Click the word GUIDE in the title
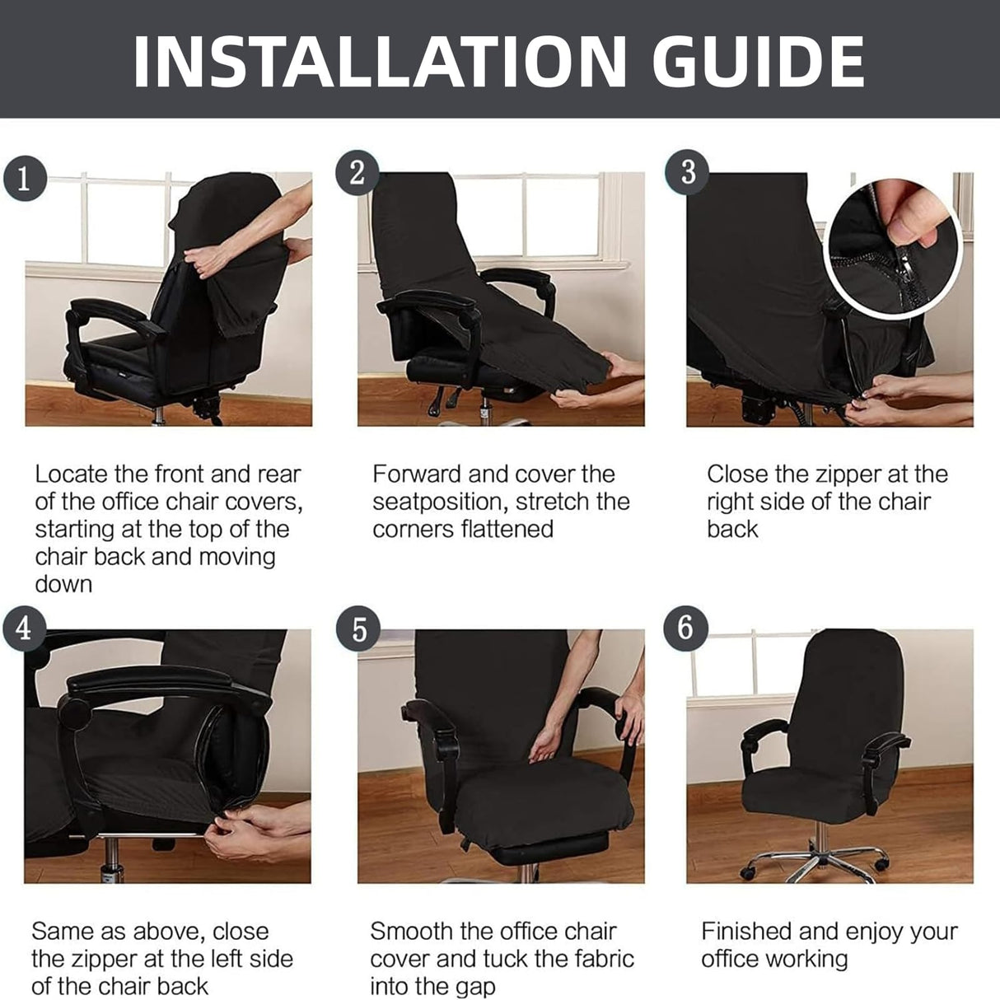coord(758,61)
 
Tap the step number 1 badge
coord(23,177)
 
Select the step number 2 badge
coord(357,173)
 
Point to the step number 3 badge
coord(687,172)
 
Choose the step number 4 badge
coord(23,629)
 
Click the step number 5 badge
coord(358,629)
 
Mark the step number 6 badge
coord(686,628)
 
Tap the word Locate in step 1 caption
coord(71,474)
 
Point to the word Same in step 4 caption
coord(61,932)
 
